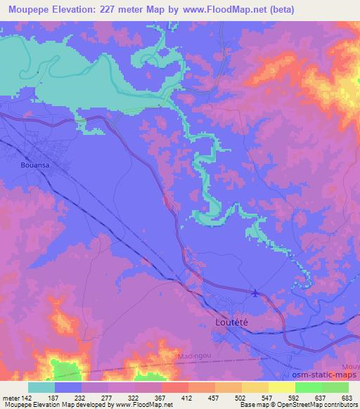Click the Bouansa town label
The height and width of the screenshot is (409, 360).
26,166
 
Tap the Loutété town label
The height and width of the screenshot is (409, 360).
229,321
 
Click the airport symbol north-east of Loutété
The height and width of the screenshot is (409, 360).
255,293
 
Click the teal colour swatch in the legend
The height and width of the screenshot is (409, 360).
41,387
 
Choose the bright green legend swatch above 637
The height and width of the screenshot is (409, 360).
308,387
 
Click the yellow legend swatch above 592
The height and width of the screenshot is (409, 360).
281,387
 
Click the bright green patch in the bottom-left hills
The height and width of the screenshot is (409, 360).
66,371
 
